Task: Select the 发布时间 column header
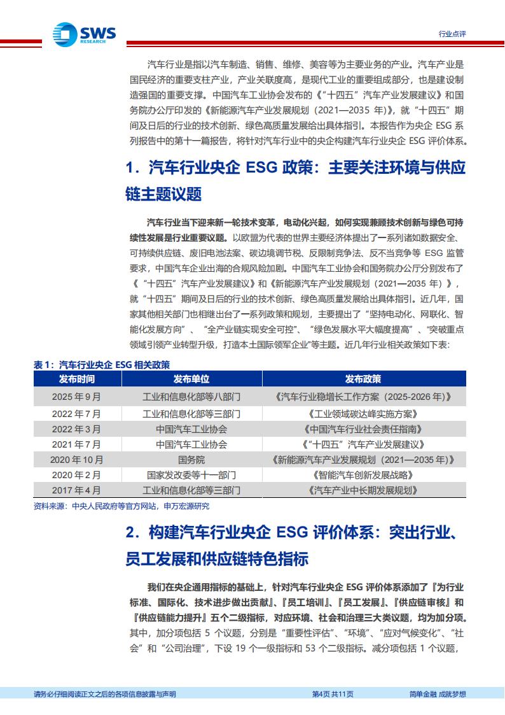coord(76,379)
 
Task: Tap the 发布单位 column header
coord(191,379)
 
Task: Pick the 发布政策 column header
coord(363,379)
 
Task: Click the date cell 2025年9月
coord(76,396)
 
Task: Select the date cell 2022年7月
coord(76,413)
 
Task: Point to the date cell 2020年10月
coord(76,459)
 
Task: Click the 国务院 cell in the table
coord(191,459)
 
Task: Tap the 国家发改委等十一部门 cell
coord(191,475)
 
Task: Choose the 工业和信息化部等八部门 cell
coord(191,396)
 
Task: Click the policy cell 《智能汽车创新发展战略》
coord(363,475)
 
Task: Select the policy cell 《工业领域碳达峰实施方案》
coord(363,413)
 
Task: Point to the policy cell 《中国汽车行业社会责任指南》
coord(363,428)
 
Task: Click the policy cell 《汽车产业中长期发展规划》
coord(363,490)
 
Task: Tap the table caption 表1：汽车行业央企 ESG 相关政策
coord(102,365)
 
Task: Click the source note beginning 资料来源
coord(121,506)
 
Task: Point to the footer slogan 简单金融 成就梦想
coord(438,694)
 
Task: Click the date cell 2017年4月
coord(76,490)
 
